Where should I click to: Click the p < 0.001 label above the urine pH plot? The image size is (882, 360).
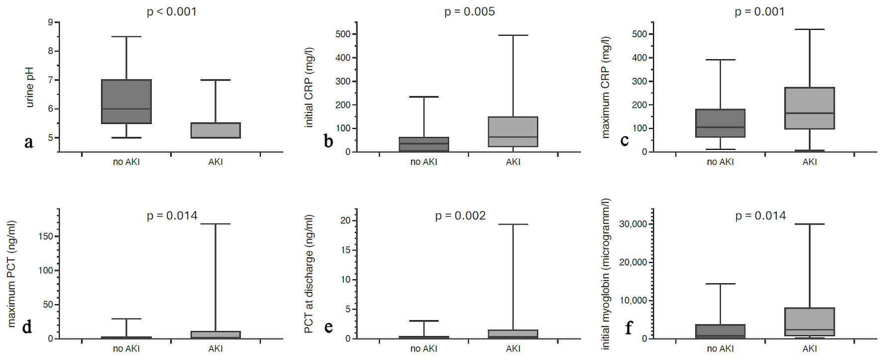[x=172, y=11]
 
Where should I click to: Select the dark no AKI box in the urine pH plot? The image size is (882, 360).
[x=126, y=101]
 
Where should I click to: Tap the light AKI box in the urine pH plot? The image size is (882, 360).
[x=216, y=130]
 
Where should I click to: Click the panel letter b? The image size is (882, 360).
[x=329, y=141]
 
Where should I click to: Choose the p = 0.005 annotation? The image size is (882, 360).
[x=469, y=11]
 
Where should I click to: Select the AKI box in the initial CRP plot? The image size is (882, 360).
[x=513, y=132]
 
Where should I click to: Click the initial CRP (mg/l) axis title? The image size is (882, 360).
[x=309, y=88]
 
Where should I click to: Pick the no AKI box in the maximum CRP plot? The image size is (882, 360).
[x=720, y=123]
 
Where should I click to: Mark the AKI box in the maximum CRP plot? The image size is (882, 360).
[x=809, y=108]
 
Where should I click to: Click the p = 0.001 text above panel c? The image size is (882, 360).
[x=760, y=11]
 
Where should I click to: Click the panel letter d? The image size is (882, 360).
[x=27, y=327]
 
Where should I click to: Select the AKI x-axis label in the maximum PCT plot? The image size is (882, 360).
[x=216, y=349]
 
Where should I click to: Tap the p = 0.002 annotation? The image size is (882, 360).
[x=460, y=216]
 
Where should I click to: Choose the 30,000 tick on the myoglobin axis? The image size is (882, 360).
[x=633, y=224]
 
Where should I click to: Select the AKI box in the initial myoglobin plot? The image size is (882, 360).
[x=809, y=322]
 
